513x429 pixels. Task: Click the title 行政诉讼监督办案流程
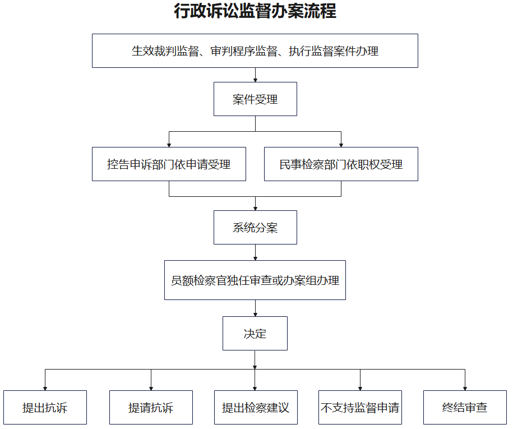(x=255, y=11)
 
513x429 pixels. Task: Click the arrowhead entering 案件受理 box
(x=255, y=80)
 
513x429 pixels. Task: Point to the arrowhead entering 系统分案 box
(x=255, y=209)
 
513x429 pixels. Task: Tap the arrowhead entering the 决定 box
(x=255, y=315)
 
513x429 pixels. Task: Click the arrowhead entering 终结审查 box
(x=465, y=389)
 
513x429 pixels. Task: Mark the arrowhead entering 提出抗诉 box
(x=45, y=389)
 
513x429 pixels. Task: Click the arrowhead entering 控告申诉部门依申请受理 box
(x=169, y=145)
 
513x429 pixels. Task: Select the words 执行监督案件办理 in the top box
(x=334, y=51)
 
